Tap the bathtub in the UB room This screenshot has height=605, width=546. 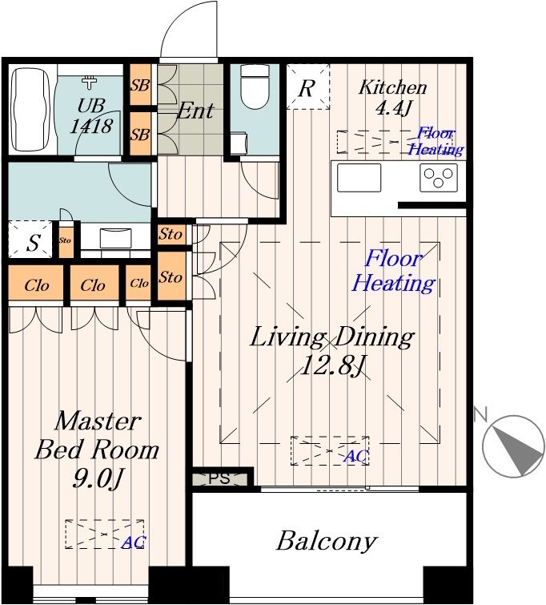pos(31,109)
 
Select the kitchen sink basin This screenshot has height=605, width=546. pos(359,177)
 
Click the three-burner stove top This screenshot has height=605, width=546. pos(439,177)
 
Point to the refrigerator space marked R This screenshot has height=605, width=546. pos(307,87)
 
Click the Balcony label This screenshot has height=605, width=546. pos(326,541)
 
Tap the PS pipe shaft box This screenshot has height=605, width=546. pos(219,479)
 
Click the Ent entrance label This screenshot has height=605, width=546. pos(195,111)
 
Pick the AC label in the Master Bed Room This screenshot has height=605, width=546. pos(134,542)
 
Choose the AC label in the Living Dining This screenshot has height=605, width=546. pos(356,456)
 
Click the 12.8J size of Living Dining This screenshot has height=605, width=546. pos(331,365)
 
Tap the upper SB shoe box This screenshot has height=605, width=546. pos(140,85)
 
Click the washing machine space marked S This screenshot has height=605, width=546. pos(30,240)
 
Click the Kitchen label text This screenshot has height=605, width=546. pos(393,87)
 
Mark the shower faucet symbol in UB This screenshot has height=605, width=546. pos(90,82)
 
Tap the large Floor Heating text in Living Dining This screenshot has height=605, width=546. pos(394,271)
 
